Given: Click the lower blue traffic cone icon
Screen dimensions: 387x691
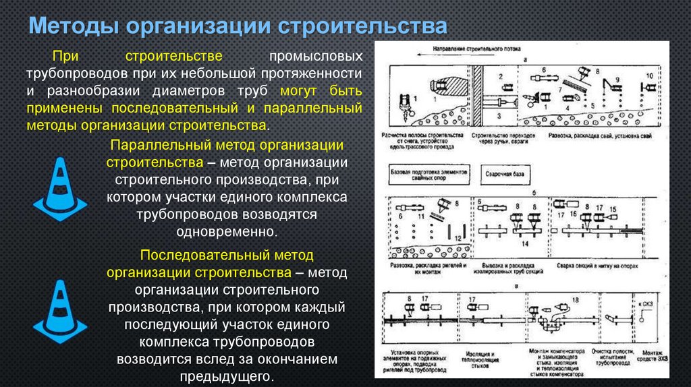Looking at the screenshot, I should pyautogui.click(x=59, y=310).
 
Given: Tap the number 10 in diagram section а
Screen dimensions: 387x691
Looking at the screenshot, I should pyautogui.click(x=649, y=75).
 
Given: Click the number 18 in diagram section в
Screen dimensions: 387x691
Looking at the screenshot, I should pyautogui.click(x=575, y=299).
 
